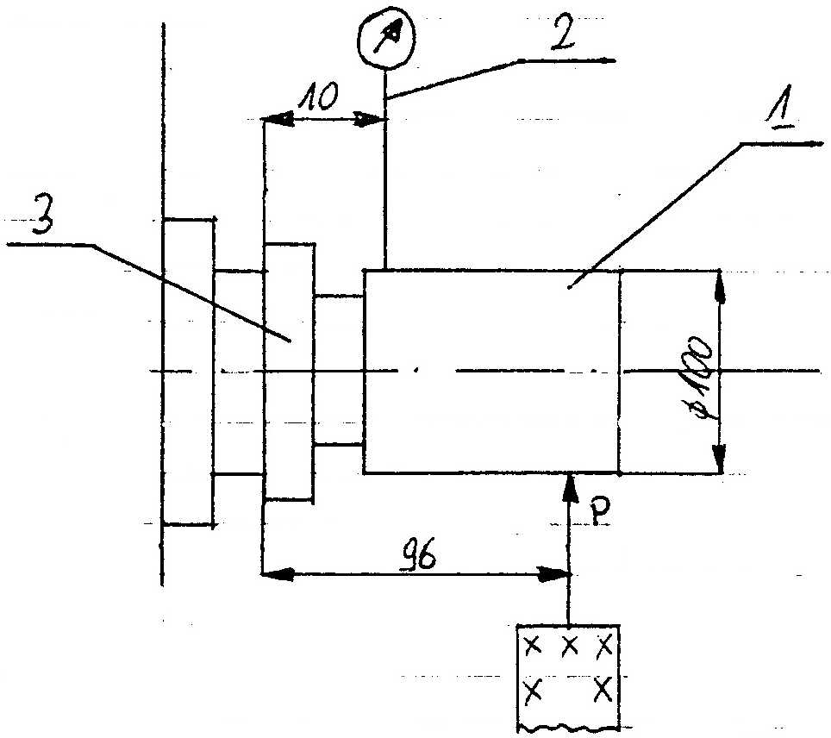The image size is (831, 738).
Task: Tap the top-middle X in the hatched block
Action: click(569, 644)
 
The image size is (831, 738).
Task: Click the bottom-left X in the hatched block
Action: click(533, 688)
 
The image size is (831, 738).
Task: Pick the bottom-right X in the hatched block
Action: click(603, 688)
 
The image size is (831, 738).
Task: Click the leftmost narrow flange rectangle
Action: click(188, 372)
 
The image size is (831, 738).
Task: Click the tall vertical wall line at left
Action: click(162, 302)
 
